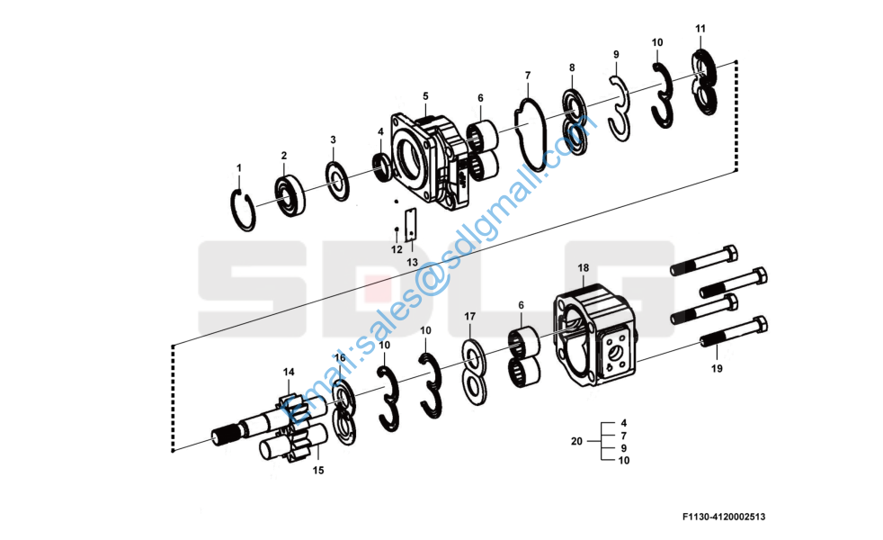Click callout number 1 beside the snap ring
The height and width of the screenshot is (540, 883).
point(239,168)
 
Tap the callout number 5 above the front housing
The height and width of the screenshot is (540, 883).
point(425,96)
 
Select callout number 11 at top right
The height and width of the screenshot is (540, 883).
point(700,28)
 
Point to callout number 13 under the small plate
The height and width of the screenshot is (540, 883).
point(412,262)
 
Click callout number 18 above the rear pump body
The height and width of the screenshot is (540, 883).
point(583,267)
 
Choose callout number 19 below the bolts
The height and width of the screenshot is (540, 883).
point(717,369)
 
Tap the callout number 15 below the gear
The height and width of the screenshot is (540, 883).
point(318,470)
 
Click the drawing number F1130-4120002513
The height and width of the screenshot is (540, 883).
point(724,517)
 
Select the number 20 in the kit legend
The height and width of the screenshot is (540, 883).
point(576,441)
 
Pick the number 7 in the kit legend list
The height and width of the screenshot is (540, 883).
point(623,436)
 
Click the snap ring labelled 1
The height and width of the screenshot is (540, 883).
point(244,210)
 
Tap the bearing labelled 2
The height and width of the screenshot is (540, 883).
point(290,195)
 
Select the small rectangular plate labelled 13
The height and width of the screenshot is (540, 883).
point(411,224)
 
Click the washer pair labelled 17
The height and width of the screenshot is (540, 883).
point(474,372)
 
